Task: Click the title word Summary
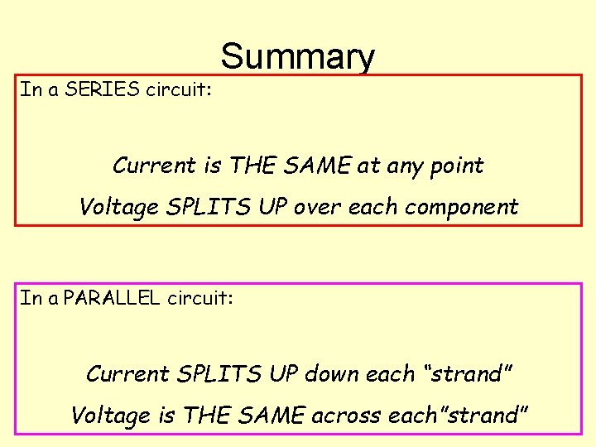click(297, 57)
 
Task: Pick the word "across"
click(344, 415)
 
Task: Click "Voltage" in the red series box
click(118, 207)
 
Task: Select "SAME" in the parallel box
click(271, 415)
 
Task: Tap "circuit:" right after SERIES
click(179, 89)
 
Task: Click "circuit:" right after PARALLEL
click(200, 297)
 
